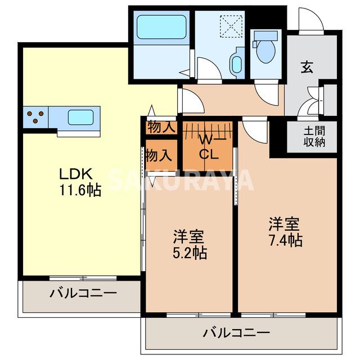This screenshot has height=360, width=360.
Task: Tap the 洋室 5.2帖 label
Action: click(x=189, y=244)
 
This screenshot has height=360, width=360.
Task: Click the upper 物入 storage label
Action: click(x=161, y=128)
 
